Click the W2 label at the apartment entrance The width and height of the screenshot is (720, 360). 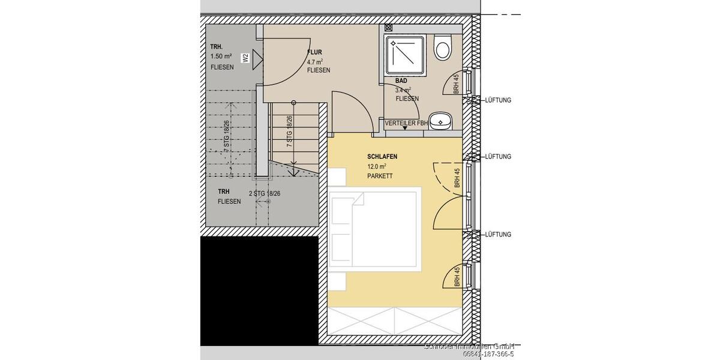pyautogui.click(x=245, y=58)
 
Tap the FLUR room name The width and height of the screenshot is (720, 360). pyautogui.click(x=314, y=52)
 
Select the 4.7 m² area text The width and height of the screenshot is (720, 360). pyautogui.click(x=315, y=61)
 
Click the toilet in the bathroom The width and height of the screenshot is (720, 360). pyautogui.click(x=443, y=47)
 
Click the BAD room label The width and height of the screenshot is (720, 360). pyautogui.click(x=401, y=80)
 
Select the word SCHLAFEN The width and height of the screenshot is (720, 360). pyautogui.click(x=382, y=157)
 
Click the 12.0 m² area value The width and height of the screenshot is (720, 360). pyautogui.click(x=377, y=166)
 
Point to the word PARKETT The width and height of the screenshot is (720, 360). pyautogui.click(x=380, y=176)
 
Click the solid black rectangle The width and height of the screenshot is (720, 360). pyautogui.click(x=259, y=291)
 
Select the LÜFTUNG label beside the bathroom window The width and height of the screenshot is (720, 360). pyautogui.click(x=498, y=100)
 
